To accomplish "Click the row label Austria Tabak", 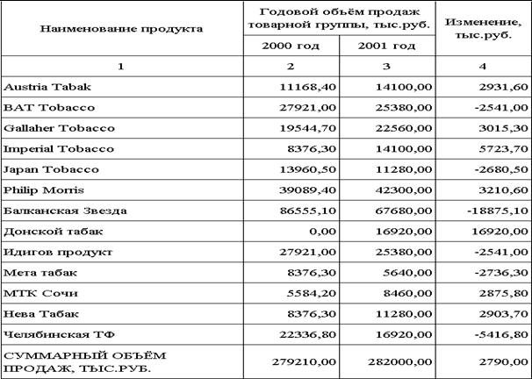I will [47, 87].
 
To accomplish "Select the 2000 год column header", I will [291, 45].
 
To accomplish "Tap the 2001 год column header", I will [387, 45].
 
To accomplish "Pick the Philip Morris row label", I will [40, 189].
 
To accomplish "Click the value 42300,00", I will [405, 189].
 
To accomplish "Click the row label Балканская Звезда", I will [66, 211].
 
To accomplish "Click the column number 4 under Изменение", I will [482, 67].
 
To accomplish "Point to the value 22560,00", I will [405, 128].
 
